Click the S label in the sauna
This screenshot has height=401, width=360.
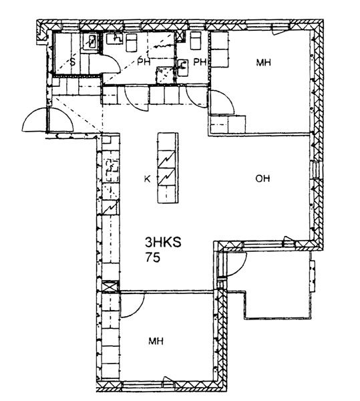(x=73, y=62)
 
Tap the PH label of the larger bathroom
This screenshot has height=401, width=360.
(x=144, y=62)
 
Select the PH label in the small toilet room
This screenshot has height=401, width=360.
(x=200, y=62)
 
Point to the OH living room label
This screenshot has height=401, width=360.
(x=262, y=178)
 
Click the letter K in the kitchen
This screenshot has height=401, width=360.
(x=147, y=179)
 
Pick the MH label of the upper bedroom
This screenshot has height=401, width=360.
(x=263, y=62)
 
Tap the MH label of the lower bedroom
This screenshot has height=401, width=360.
(x=156, y=341)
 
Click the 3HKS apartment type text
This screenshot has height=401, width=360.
(x=163, y=242)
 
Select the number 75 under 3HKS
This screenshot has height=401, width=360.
(x=152, y=257)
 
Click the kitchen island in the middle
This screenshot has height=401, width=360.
(x=168, y=168)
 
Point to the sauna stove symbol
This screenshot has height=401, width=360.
(x=90, y=41)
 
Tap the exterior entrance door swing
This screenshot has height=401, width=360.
(x=48, y=120)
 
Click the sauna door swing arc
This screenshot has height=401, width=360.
(x=112, y=63)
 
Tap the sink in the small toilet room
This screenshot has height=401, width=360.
(x=183, y=68)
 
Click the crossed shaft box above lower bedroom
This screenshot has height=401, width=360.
(x=111, y=286)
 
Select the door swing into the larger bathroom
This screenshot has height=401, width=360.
(x=136, y=99)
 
